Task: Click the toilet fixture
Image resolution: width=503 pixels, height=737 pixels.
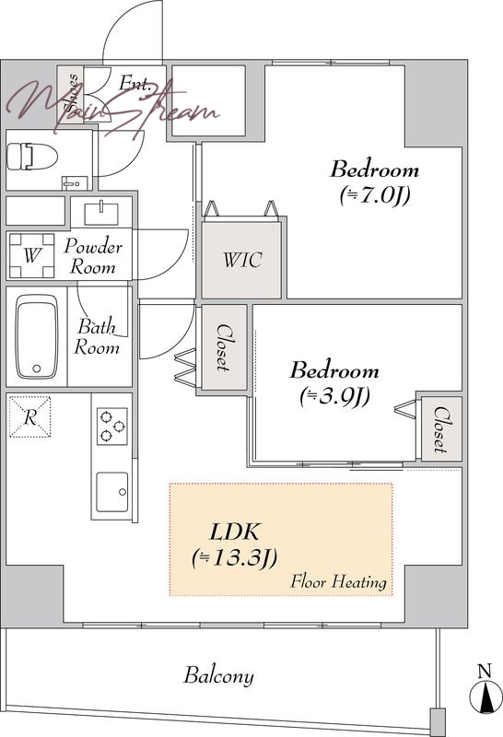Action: (x=32, y=157)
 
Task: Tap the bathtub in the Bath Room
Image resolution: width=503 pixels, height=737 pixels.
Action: (x=37, y=336)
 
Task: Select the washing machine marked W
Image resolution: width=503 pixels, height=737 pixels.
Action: (x=31, y=255)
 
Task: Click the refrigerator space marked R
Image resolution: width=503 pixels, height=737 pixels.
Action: (x=30, y=416)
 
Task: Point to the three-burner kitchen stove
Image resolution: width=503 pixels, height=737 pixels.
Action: (x=112, y=426)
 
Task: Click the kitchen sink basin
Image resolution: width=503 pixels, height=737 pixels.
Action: (x=111, y=492)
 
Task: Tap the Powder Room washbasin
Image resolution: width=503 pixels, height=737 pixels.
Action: (x=101, y=214)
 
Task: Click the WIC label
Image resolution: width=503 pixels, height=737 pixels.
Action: (x=242, y=260)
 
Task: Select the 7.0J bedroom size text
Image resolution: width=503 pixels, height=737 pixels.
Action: (x=375, y=195)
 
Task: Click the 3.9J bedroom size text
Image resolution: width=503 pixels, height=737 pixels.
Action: (x=334, y=396)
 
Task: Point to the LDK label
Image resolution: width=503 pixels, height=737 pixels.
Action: (x=234, y=532)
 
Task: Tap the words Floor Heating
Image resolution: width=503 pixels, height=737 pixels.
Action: (x=338, y=582)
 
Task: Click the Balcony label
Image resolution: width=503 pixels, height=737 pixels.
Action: (x=218, y=675)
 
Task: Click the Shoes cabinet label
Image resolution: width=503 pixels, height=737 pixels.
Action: (x=72, y=93)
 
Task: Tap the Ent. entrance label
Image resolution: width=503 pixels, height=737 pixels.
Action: (x=135, y=83)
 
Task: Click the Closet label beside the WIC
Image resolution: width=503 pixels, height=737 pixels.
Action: (x=224, y=347)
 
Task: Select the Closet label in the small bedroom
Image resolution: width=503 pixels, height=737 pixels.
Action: (x=440, y=429)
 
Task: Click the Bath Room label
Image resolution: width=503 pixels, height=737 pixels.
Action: (x=97, y=337)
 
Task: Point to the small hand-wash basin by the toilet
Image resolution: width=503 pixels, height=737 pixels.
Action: (x=75, y=182)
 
